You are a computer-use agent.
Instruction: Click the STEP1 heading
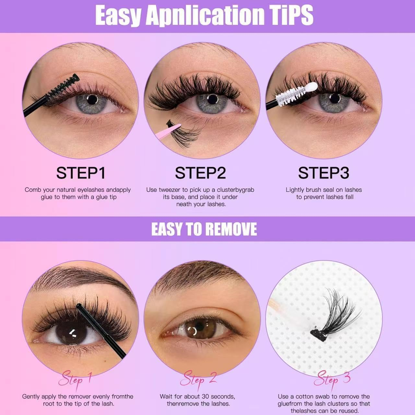(x=81, y=173)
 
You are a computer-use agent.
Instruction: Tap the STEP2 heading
(x=200, y=173)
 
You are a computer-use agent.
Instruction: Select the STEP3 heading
(x=323, y=173)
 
